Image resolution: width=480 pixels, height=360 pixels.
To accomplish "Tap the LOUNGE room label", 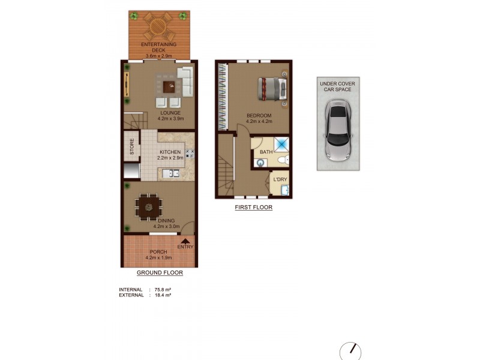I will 170,112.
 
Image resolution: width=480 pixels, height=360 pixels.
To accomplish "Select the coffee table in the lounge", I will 172,86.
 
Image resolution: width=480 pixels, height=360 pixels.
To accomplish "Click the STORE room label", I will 131,148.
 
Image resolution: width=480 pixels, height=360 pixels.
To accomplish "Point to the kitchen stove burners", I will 190,154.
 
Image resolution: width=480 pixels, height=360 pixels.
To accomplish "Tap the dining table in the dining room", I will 148,208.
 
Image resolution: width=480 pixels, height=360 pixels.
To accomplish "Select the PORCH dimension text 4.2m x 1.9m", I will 158,257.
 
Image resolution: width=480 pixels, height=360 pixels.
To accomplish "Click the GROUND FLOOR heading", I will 159,272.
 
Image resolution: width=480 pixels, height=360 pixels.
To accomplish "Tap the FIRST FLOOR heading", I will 253,208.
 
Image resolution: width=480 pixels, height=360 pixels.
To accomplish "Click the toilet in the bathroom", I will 287,160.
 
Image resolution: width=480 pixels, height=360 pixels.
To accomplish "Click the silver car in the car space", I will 338,131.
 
